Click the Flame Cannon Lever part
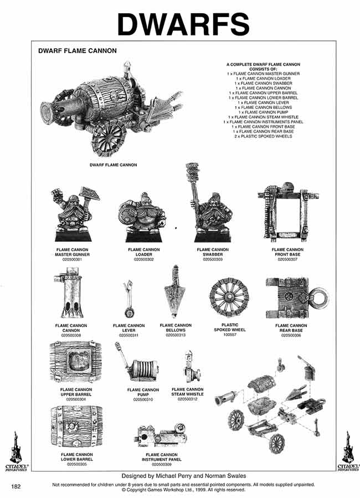coord(127,299)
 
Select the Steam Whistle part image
coord(188,369)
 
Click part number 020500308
coord(72,335)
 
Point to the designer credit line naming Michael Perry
coord(179,476)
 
